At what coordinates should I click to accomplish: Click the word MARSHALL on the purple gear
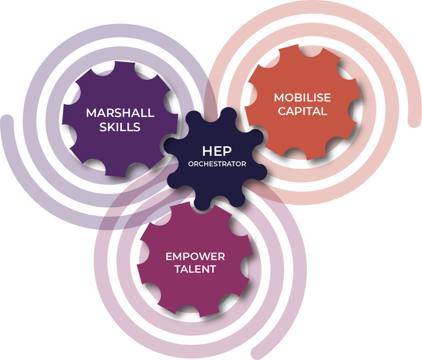[120, 113]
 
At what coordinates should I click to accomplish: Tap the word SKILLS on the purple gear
[120, 127]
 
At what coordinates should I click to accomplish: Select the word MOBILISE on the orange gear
[302, 97]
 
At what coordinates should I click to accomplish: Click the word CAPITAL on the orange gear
[302, 111]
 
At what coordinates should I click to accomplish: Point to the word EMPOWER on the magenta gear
[195, 256]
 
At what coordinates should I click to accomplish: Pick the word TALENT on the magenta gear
[195, 269]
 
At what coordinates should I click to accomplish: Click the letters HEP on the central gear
[217, 151]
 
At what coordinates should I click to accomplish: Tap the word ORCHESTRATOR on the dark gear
[217, 164]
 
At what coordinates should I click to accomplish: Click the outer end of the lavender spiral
[5, 118]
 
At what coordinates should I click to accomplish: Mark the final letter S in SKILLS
[137, 127]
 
